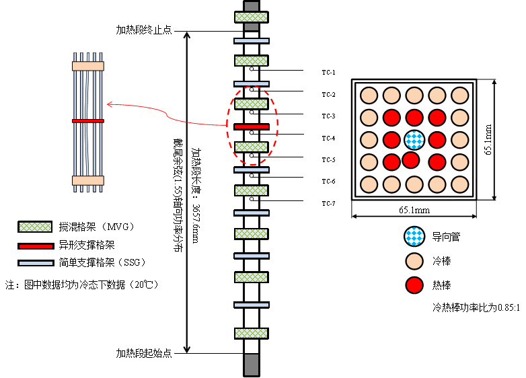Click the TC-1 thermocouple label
click(328, 73)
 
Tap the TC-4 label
click(328, 138)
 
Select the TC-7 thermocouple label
click(328, 204)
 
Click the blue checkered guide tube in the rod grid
click(414, 140)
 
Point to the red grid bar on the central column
click(252, 126)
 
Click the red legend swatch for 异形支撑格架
click(36, 246)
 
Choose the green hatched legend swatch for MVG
click(35, 227)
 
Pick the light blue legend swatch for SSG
click(36, 263)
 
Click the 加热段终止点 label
click(144, 30)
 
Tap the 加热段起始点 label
click(144, 353)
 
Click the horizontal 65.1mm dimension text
click(414, 210)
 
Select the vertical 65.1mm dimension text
click(488, 139)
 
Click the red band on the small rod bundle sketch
click(88, 121)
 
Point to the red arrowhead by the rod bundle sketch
click(110, 104)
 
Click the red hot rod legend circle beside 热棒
click(414, 285)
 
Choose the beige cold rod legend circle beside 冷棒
click(414, 261)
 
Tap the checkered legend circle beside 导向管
click(414, 237)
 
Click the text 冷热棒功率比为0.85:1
click(476, 307)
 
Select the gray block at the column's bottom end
click(252, 365)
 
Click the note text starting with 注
click(81, 285)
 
